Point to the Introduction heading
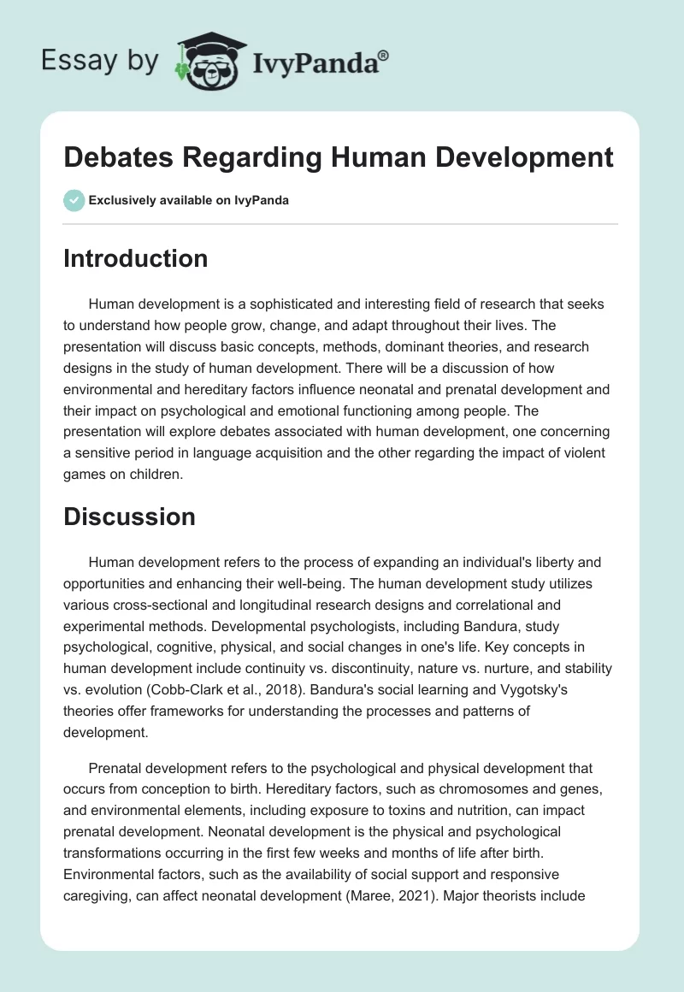click(x=135, y=258)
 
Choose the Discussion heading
click(x=129, y=517)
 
